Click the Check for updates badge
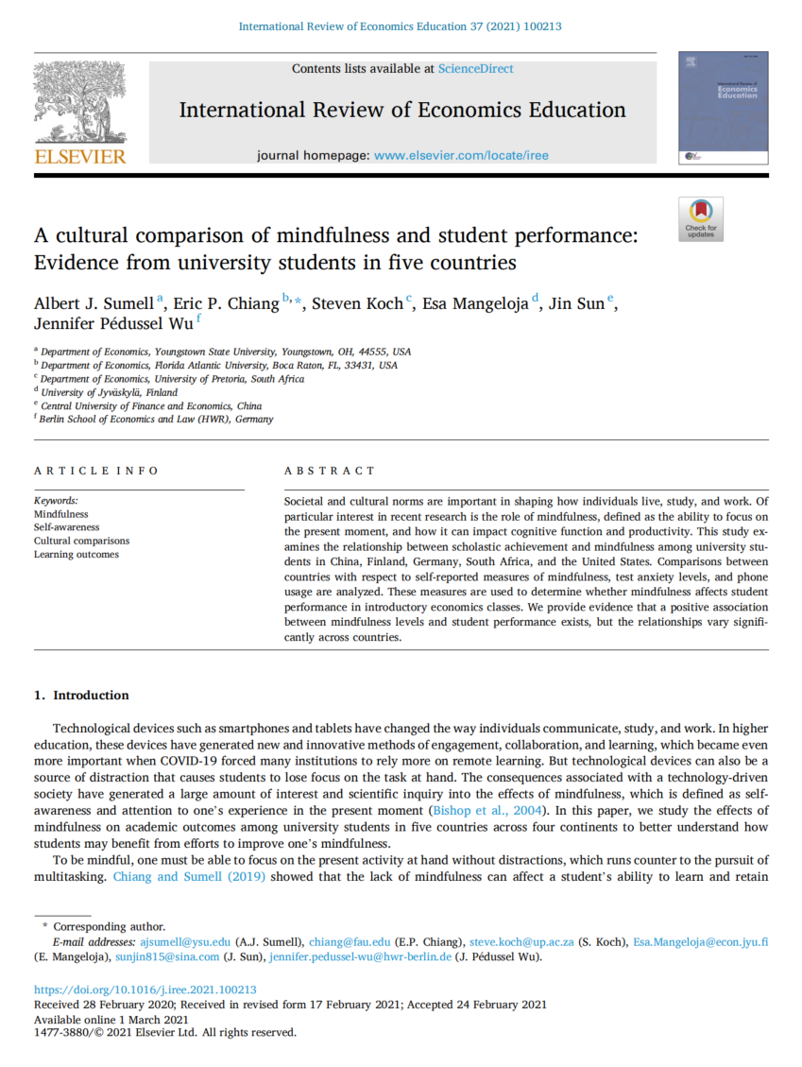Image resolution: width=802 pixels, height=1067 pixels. pos(701,218)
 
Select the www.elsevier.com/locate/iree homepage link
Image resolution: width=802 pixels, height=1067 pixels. pos(461,155)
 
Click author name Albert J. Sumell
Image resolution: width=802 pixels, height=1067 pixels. pos(95,303)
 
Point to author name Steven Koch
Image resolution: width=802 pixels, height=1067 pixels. pos(358,303)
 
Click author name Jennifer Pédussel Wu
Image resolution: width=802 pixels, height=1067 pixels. pos(113,324)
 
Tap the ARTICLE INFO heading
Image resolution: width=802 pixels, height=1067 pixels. pos(96,471)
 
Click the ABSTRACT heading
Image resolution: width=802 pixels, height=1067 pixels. pos(329,471)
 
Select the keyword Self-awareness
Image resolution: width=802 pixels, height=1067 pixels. pos(66,527)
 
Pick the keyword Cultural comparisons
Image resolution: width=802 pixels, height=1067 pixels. pos(81,541)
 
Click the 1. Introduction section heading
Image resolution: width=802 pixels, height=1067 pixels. pos(81,696)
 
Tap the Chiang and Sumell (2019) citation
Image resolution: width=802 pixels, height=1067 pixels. pos(189,876)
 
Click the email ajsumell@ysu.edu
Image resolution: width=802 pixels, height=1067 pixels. pos(185,942)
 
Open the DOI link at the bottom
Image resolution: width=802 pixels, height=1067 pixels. pos(145,990)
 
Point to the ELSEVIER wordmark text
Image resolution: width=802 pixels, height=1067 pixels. pos(79,157)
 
